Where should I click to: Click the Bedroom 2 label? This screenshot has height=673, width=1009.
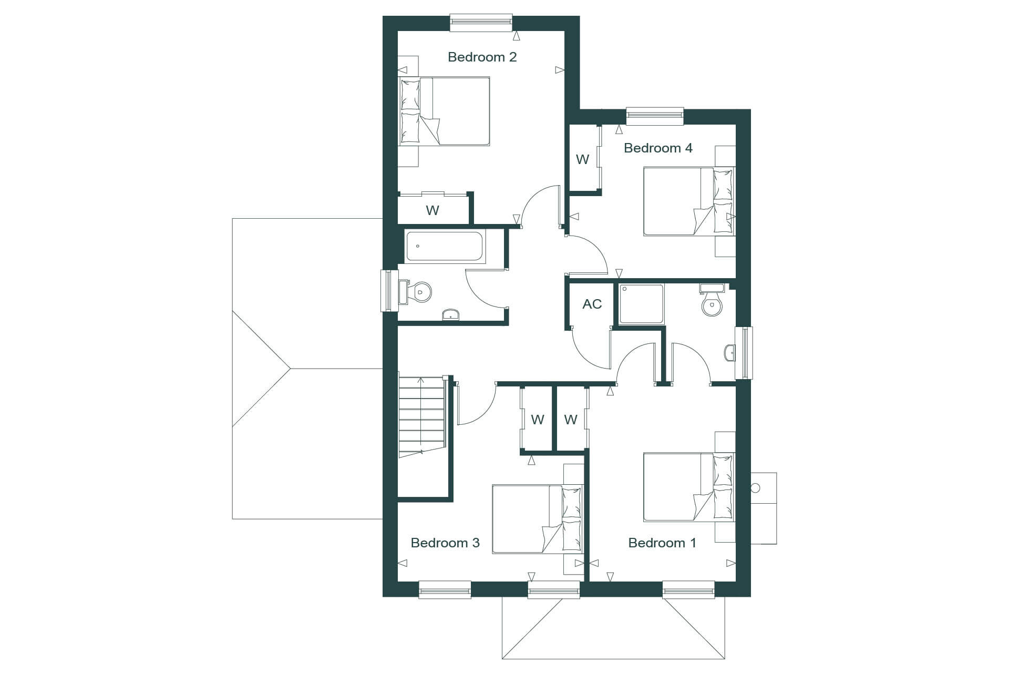point(482,57)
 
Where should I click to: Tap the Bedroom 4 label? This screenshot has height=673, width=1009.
point(658,148)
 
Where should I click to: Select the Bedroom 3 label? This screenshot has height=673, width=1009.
point(445,543)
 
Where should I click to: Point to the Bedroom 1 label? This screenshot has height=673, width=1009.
point(662,543)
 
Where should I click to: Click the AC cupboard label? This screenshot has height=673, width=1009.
point(592,304)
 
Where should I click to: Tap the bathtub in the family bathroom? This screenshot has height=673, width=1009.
point(444,246)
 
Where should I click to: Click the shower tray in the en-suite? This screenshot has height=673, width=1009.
point(641,304)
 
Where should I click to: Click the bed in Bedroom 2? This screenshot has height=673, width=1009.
point(444,111)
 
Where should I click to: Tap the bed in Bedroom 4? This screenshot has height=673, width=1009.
point(689,201)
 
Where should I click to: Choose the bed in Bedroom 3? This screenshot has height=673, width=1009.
point(538,519)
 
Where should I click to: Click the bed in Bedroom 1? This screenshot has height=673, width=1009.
point(689,487)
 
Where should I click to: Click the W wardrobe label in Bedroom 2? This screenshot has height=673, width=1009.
point(433,210)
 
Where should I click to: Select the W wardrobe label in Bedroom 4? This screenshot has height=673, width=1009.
point(582,159)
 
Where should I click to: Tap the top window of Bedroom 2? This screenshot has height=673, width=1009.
point(481,23)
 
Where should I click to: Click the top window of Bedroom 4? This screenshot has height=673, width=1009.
point(655,116)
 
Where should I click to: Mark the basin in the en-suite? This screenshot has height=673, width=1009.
point(729,353)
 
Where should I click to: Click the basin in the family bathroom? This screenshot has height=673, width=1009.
point(451,314)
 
